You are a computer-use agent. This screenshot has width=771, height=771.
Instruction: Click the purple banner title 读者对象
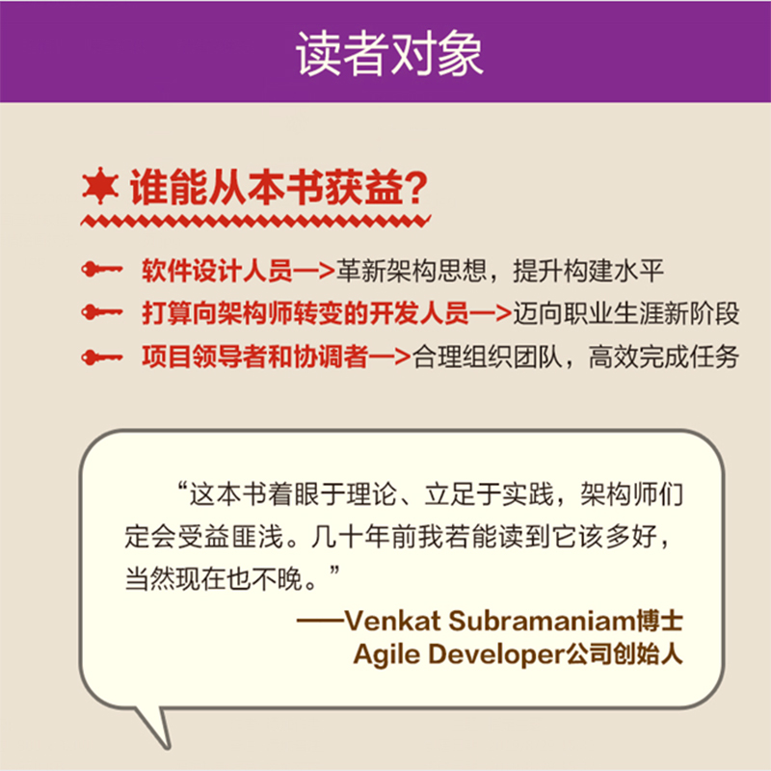point(389,53)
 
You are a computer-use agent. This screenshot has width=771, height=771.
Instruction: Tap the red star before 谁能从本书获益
point(100,185)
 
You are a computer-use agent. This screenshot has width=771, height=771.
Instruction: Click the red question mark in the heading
point(416,187)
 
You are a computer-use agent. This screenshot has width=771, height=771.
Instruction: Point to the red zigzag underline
point(255,222)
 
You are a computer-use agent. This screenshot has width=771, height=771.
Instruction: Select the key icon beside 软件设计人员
point(102,270)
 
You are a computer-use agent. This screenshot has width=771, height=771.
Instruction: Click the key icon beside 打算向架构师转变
point(102,312)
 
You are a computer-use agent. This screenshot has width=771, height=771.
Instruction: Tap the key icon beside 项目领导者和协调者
point(102,357)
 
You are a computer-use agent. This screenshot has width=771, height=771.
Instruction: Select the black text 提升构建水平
point(589,271)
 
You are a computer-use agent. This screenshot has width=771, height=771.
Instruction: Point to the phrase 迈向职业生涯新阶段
point(625,313)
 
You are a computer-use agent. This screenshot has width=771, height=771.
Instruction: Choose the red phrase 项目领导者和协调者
point(255,357)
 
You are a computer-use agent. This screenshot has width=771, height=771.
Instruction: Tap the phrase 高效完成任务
point(664,357)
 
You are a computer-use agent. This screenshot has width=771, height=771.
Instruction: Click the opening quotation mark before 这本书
point(182,488)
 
